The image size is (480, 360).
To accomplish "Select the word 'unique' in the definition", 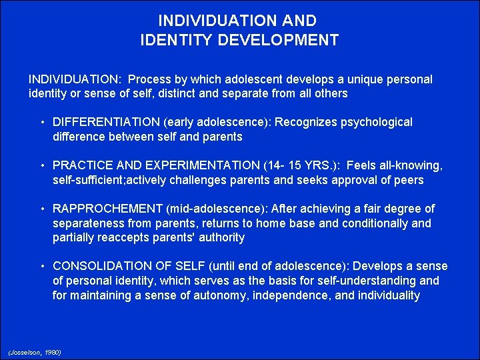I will click(349, 79).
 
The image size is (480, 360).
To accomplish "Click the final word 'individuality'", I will click(387, 295).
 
